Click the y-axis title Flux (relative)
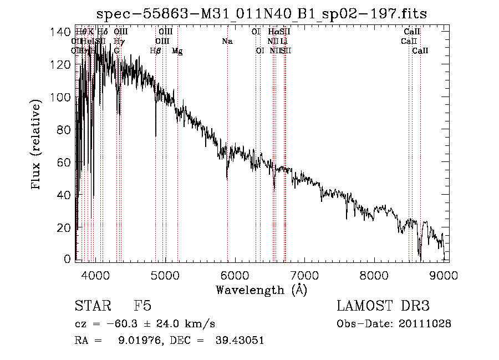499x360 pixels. coord(37,145)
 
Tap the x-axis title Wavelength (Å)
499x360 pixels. coord(261,290)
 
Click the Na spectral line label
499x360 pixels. coord(227,42)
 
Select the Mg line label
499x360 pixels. coord(177,50)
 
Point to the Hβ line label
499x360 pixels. coord(155,50)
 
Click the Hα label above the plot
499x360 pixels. coord(273,32)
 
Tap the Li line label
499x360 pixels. coord(284,42)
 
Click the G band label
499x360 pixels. coord(116,50)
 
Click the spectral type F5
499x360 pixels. coord(142,306)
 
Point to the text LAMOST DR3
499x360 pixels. coord(383,306)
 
